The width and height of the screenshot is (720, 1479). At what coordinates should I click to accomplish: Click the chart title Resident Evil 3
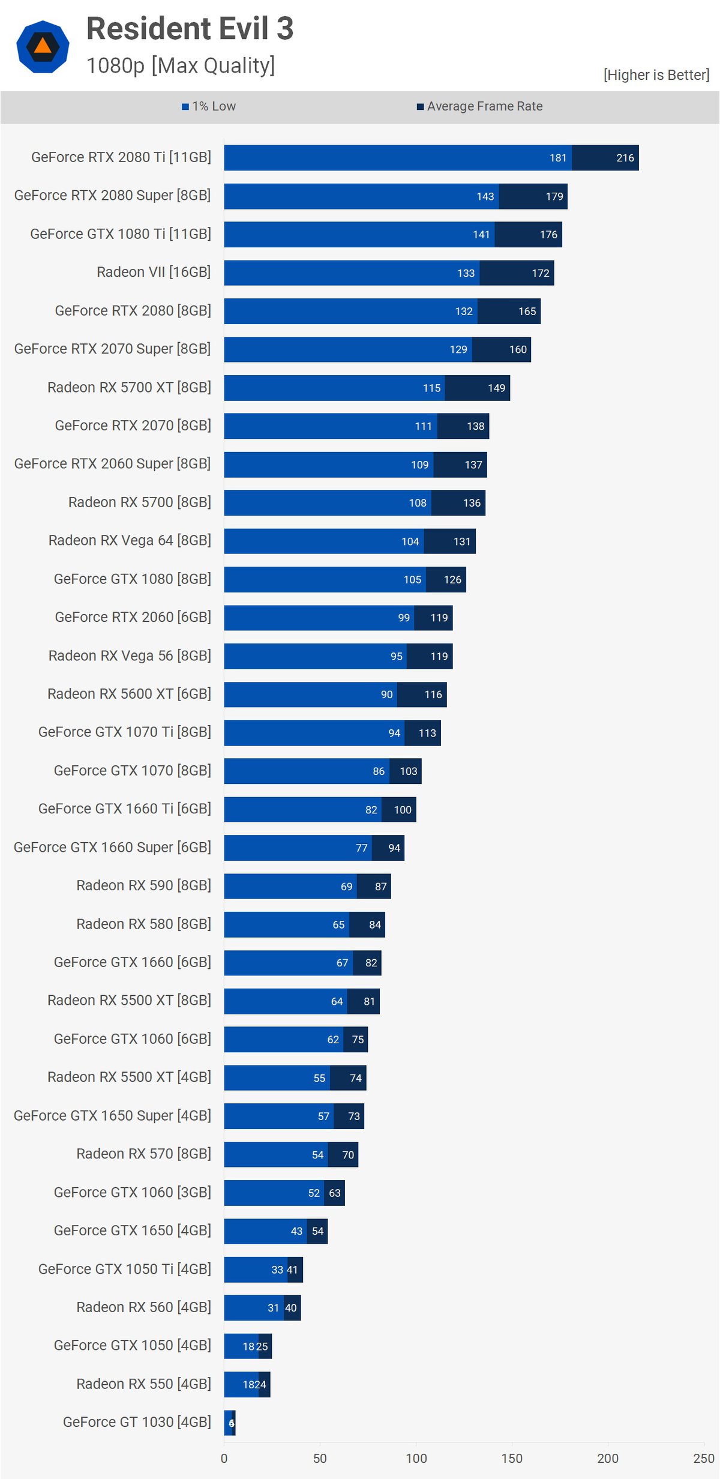tap(190, 29)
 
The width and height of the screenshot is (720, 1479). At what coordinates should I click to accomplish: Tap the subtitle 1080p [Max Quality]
tap(181, 65)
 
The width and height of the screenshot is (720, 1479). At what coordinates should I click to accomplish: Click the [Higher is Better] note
tap(656, 75)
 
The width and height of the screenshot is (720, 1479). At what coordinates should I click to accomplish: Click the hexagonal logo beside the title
tap(43, 47)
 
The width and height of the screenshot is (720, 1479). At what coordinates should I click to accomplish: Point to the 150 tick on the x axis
tap(512, 1458)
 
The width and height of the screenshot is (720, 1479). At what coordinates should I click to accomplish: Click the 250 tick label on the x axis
tap(703, 1458)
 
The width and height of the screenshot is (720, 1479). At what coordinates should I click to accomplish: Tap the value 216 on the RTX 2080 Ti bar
tap(625, 158)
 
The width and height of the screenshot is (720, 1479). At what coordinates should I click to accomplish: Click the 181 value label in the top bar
tap(557, 158)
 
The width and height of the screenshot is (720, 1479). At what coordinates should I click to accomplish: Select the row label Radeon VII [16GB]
tap(154, 273)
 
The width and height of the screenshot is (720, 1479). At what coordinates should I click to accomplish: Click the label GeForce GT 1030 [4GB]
tap(137, 1422)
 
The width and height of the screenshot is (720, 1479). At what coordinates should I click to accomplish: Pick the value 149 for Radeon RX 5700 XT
tap(496, 388)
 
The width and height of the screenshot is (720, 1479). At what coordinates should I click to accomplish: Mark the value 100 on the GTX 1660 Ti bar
tap(402, 810)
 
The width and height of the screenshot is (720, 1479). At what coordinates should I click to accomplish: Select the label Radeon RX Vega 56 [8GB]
tap(130, 656)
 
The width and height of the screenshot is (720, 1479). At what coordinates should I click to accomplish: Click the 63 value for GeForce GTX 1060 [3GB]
tap(334, 1193)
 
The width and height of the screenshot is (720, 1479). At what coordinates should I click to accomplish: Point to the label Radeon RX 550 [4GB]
tap(143, 1384)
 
